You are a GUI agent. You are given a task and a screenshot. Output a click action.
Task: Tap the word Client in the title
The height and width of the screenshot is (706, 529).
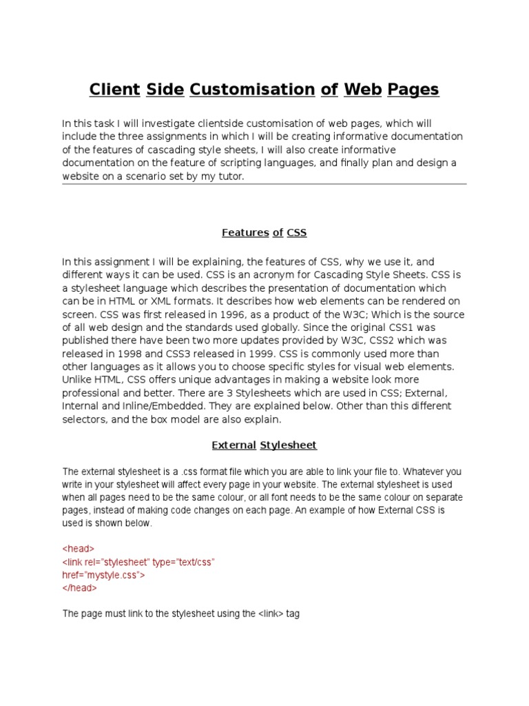[114, 90]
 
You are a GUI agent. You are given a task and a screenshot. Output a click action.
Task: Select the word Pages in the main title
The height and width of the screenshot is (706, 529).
[413, 90]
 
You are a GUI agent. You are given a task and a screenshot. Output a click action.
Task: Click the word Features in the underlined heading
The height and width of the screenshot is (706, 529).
[245, 233]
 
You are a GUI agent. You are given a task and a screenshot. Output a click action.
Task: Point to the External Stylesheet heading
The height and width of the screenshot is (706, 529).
[264, 445]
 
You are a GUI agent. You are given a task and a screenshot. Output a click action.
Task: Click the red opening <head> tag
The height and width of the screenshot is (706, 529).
[79, 549]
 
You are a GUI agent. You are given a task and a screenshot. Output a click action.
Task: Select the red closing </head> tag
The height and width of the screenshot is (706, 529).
[80, 588]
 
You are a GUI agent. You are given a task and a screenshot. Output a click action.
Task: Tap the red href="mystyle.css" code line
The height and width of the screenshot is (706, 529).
[104, 575]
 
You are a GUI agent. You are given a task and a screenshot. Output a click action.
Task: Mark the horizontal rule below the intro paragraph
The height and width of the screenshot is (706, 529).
[264, 184]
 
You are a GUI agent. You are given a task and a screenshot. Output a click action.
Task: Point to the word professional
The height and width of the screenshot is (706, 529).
[90, 393]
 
